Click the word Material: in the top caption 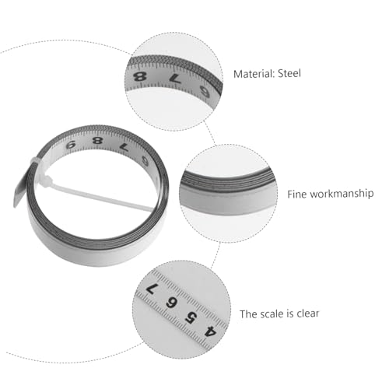click(254, 74)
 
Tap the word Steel click(289, 73)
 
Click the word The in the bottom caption click(248, 314)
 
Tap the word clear click(308, 314)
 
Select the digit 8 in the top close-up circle click(140, 77)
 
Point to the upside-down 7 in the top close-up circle click(175, 79)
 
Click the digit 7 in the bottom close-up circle click(152, 289)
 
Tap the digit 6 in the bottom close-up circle click(171, 303)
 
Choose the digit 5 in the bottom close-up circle click(191, 317)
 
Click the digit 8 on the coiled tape click(97, 141)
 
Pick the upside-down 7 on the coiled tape click(124, 147)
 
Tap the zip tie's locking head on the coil click(47, 180)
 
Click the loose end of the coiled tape click(19, 192)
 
